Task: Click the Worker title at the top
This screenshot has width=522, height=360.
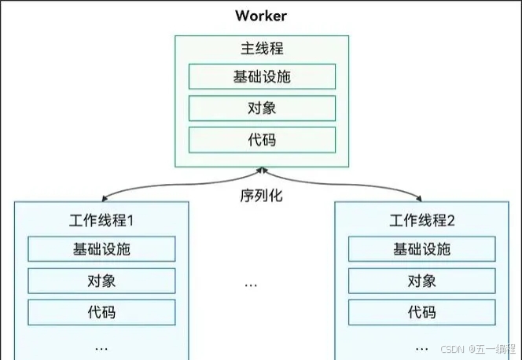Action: [x=261, y=16]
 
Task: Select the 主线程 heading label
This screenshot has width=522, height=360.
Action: [x=261, y=49]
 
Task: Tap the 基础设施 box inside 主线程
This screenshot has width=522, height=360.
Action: [x=262, y=77]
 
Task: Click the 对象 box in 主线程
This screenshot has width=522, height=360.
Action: [x=262, y=108]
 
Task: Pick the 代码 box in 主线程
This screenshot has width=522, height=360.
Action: [x=262, y=140]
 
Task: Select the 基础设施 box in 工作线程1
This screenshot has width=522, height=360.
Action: [x=101, y=249]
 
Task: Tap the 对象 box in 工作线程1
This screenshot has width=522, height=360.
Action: [x=101, y=281]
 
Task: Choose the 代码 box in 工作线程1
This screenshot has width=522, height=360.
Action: [x=101, y=312]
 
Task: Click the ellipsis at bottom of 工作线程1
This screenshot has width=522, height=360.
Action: [x=101, y=346]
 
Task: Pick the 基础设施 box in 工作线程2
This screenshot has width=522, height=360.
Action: [x=421, y=249]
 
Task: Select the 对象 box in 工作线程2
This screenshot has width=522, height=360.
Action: [x=421, y=281]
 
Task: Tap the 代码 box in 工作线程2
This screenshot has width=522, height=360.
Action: [x=421, y=312]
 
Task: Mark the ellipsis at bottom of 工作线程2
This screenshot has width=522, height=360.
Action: [x=421, y=346]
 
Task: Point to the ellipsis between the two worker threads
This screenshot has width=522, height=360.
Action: [x=251, y=283]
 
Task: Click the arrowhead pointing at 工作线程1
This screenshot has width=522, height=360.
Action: [x=104, y=199]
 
